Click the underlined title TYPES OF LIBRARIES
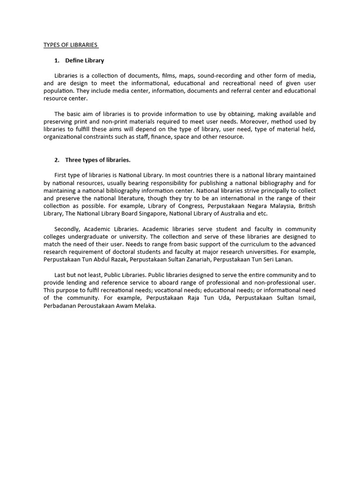point(70,45)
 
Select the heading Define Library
point(84,60)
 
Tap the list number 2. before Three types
point(57,160)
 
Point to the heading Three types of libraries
point(97,160)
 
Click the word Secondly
point(67,229)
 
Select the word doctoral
point(124,251)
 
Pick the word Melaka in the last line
point(144,306)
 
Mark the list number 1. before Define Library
point(57,60)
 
